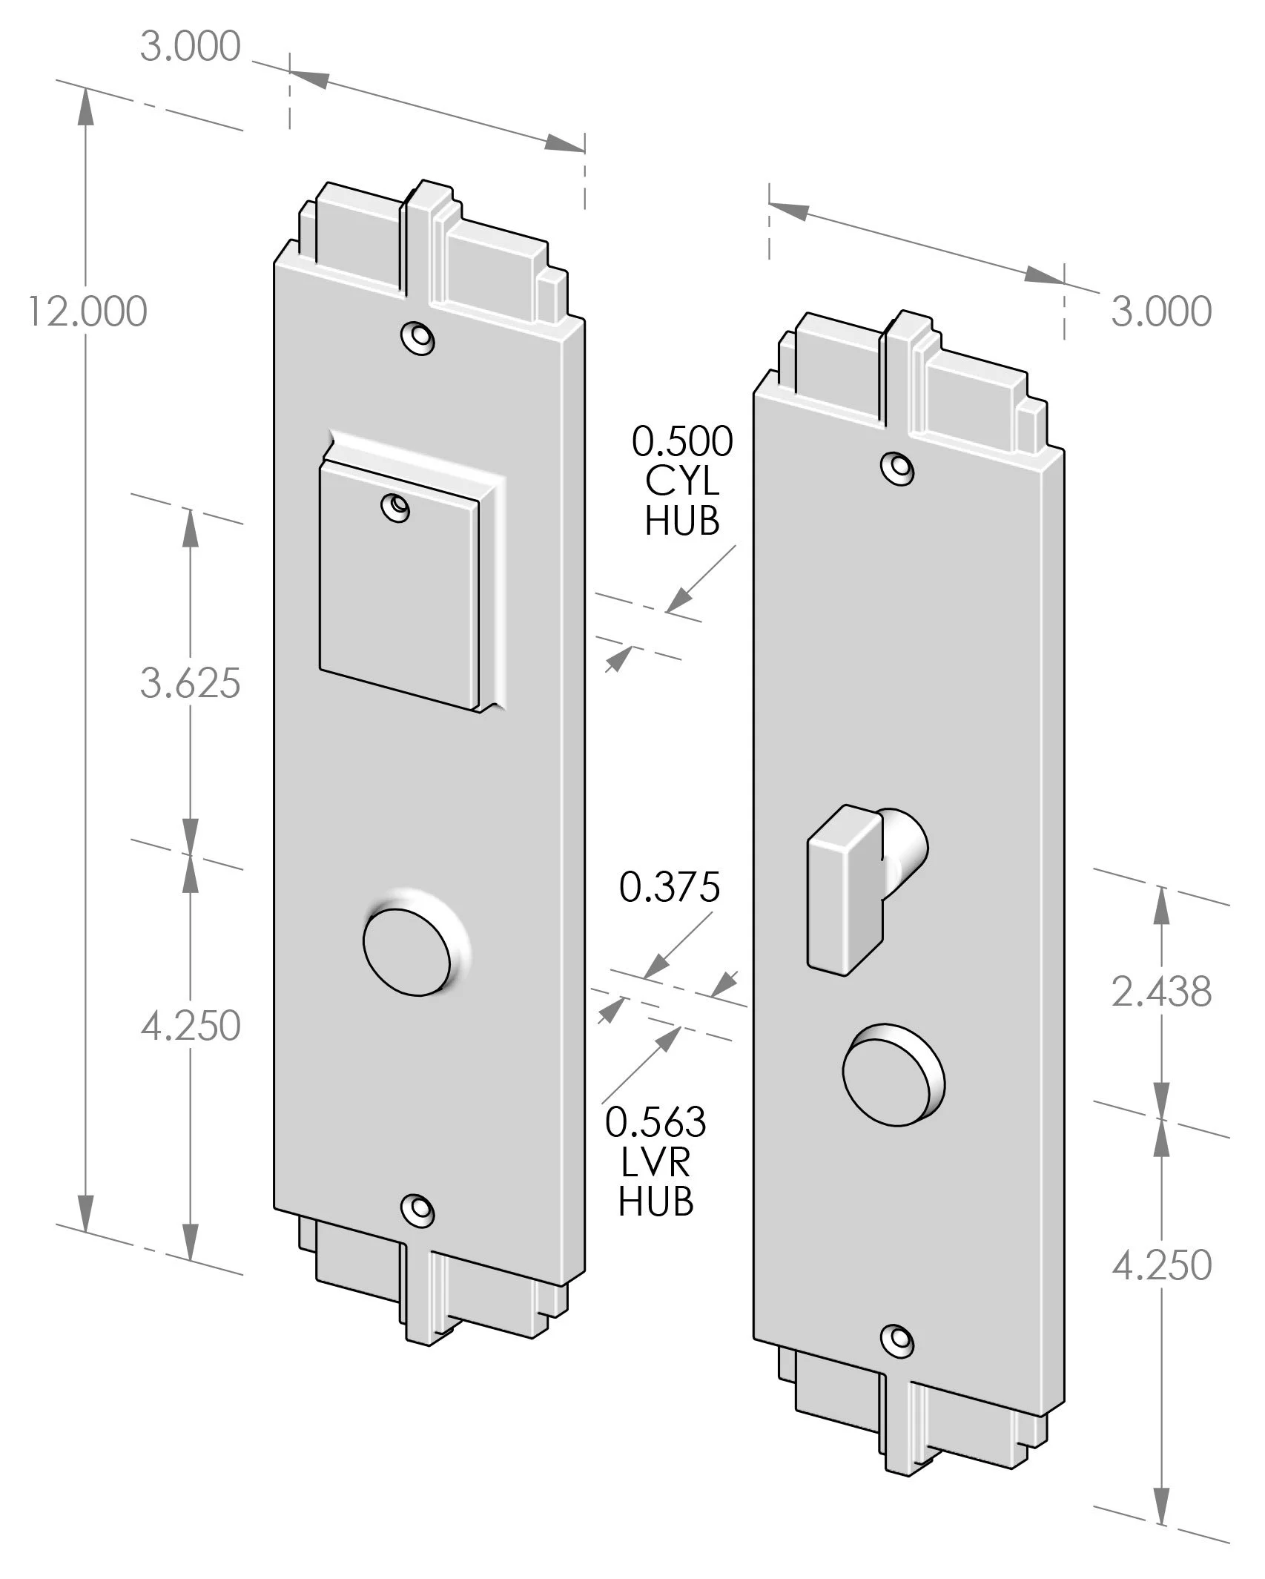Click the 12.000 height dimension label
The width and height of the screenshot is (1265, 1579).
coord(87,311)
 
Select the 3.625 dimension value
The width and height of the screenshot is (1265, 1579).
coord(191,683)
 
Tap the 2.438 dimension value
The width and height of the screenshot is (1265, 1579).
coord(1161,992)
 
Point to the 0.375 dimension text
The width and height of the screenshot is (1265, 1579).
coord(670,887)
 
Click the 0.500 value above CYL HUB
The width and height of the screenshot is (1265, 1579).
coord(682,441)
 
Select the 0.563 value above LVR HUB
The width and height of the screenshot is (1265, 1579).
coord(655,1122)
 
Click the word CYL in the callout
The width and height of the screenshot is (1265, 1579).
coord(682,481)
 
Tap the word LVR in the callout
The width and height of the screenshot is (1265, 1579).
coord(655,1162)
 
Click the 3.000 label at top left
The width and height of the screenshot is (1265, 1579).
coord(191,47)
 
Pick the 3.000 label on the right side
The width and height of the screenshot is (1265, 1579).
coord(1161,311)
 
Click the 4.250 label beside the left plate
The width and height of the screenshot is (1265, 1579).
coord(191,1026)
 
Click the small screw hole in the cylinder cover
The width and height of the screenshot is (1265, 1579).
coord(396,507)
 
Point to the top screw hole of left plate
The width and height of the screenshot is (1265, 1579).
coord(417,338)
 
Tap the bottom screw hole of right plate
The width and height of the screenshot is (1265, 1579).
coord(897,1339)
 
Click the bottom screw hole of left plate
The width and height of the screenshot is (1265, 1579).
coord(417,1210)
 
